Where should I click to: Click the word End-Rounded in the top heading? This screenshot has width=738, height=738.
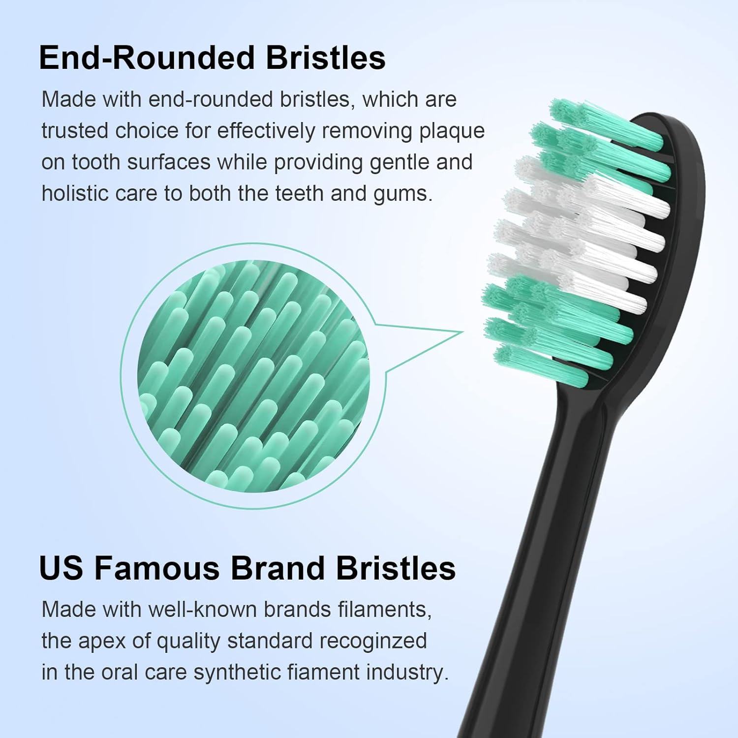pos(146,58)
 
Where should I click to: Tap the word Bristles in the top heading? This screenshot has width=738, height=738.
pos(325,58)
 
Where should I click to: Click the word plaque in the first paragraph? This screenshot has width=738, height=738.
pos(452,131)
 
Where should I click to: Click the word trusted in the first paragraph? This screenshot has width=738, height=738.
pos(74,131)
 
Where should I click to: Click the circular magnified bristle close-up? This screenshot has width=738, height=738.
pos(253,376)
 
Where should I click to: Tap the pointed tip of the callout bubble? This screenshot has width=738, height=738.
pos(462,332)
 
